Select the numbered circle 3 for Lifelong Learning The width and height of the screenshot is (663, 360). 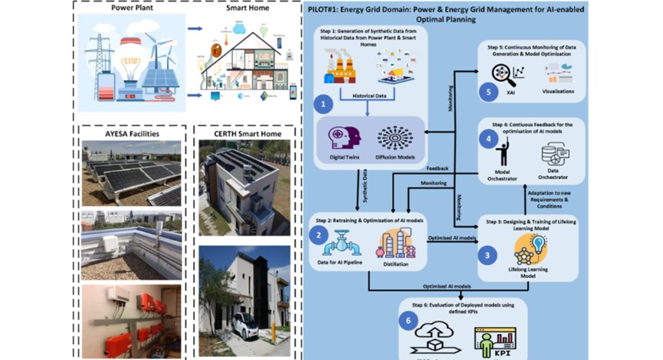487,254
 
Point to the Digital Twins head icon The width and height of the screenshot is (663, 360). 338,139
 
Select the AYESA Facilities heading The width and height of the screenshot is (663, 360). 132,133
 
